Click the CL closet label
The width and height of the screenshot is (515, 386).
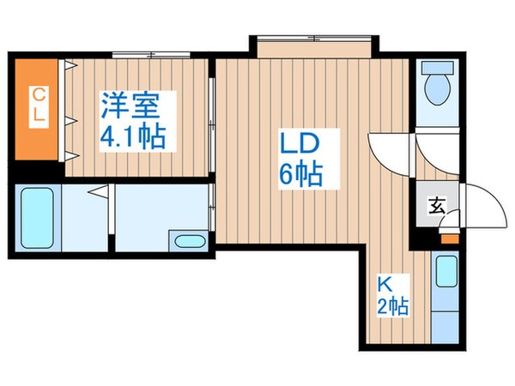tap(39, 106)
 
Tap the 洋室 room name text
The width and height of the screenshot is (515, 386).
tap(130, 106)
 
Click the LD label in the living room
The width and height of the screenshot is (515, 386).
tap(300, 142)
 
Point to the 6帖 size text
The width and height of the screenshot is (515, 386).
tap(301, 174)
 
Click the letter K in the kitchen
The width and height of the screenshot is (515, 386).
tap(385, 285)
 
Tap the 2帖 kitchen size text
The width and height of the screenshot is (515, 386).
tap(393, 306)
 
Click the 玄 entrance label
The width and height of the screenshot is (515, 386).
tap(437, 206)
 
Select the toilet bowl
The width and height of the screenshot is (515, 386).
tap(437, 88)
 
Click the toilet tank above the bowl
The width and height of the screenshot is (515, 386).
tap(437, 68)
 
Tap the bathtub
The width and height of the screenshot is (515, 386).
tap(37, 218)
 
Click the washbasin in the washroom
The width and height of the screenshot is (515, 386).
tap(190, 242)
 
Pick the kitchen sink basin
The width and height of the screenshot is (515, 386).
tap(446, 271)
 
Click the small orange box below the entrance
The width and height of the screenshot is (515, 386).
tap(450, 238)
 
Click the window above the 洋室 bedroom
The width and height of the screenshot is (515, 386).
tap(151, 55)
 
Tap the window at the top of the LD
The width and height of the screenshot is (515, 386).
tap(314, 39)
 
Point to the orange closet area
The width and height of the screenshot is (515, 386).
tap(36, 109)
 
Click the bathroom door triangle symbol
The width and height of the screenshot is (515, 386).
tap(99, 191)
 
